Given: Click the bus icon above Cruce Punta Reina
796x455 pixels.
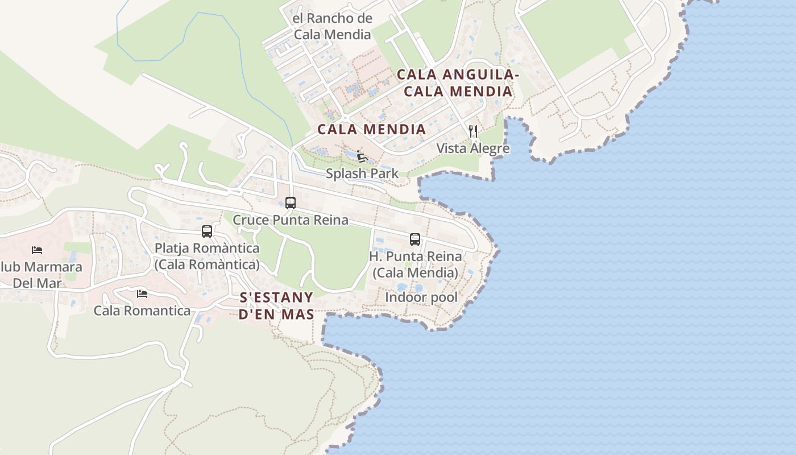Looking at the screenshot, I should [291, 202].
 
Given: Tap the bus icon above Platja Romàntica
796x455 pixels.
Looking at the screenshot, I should [207, 231].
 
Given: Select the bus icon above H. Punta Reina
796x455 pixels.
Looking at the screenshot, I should [415, 239].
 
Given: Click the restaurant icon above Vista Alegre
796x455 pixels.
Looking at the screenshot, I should [473, 131].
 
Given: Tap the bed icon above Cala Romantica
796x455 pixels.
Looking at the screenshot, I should [142, 294].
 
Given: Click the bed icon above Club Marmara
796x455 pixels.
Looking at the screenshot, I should [37, 250].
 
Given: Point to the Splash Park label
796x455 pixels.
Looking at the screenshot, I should [362, 173].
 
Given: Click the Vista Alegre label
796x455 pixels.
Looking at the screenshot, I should [473, 148].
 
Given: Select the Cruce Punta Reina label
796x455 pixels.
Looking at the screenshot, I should [291, 220].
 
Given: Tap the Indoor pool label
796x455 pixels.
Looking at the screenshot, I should [421, 297].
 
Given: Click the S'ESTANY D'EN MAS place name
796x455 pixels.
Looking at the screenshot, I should [276, 306].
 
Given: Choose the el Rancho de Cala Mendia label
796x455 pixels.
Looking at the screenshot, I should [332, 26].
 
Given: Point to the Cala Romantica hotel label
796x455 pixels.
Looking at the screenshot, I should [142, 311].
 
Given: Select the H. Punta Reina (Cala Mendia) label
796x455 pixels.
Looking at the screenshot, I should [415, 264].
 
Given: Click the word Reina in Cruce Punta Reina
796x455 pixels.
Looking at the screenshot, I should [331, 220].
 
